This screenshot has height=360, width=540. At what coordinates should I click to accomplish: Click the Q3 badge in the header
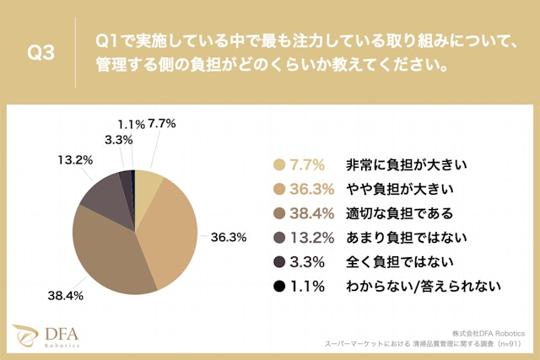tap(41, 52)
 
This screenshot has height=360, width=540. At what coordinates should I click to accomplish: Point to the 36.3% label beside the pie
tap(228, 237)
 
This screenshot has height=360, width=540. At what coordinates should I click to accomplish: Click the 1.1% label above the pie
tap(132, 123)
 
